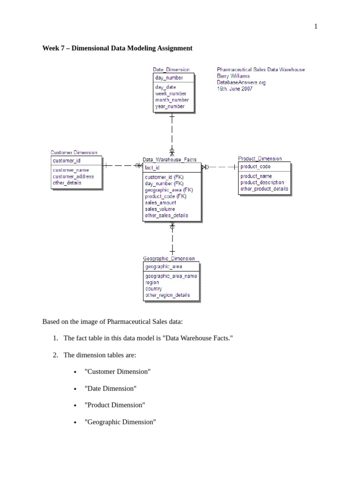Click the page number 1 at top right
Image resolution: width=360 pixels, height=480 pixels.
coord(315,26)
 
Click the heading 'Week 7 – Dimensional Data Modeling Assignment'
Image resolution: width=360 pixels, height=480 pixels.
coord(117,48)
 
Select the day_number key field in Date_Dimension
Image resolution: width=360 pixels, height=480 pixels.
coord(169,78)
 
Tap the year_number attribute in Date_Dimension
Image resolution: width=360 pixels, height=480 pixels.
coord(170,106)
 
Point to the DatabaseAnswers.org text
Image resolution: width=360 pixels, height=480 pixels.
coord(241,82)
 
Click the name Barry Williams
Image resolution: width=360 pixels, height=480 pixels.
coord(233,76)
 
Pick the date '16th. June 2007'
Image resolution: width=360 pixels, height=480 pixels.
coord(234,89)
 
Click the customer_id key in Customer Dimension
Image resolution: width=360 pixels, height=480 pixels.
coord(67,161)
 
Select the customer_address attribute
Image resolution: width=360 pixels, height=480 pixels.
coord(73,177)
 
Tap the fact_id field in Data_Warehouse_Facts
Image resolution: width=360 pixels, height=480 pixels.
coord(152,167)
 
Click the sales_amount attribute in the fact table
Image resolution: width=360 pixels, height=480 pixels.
coord(161,202)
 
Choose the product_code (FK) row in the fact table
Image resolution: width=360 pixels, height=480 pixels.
coord(165,196)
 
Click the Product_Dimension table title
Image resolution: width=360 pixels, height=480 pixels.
coord(260,158)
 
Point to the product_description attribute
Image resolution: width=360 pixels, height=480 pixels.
coord(262,182)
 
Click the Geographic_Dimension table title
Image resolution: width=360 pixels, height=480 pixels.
coord(169,258)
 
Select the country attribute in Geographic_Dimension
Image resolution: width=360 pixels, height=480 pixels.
coord(154,289)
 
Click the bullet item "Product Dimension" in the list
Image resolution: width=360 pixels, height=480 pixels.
coord(115,405)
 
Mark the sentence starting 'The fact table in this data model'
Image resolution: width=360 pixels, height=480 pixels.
coord(148,338)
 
